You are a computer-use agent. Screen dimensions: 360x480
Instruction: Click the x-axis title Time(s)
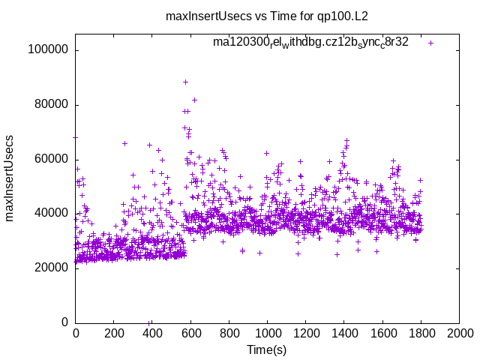click(x=267, y=349)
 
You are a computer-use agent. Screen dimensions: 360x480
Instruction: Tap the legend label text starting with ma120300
click(x=310, y=43)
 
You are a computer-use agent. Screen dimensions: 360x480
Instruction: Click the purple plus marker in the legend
click(x=430, y=43)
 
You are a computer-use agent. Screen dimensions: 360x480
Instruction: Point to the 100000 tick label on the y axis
click(x=47, y=50)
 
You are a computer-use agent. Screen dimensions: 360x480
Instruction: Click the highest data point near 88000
click(x=185, y=82)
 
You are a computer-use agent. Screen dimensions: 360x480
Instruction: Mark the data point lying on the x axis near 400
click(x=149, y=322)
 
